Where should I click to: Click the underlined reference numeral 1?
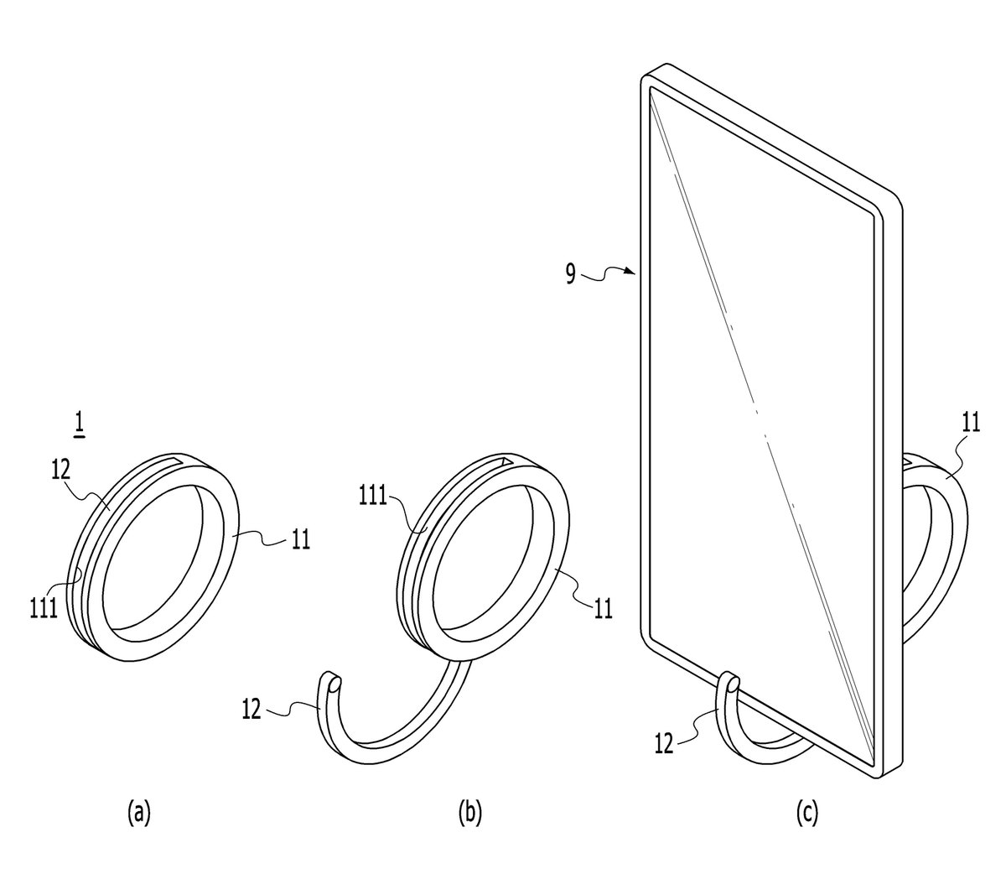tap(79, 425)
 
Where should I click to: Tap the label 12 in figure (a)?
tap(61, 469)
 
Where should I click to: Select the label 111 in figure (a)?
tap(44, 609)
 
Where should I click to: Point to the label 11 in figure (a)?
tap(300, 539)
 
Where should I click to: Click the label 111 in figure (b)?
tap(373, 496)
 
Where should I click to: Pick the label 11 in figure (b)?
tap(603, 609)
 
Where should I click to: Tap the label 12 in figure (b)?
tap(251, 710)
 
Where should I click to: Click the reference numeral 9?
tap(570, 274)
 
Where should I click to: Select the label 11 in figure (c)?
tap(971, 423)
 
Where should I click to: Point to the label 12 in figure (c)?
tap(664, 744)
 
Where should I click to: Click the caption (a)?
tap(138, 813)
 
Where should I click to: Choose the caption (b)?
tap(469, 813)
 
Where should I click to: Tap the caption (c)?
tap(806, 813)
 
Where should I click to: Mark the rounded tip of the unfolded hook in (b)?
tap(334, 685)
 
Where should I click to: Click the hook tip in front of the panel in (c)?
tap(733, 684)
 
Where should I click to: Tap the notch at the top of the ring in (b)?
tap(504, 462)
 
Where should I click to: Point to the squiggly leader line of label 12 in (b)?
tap(292, 708)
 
